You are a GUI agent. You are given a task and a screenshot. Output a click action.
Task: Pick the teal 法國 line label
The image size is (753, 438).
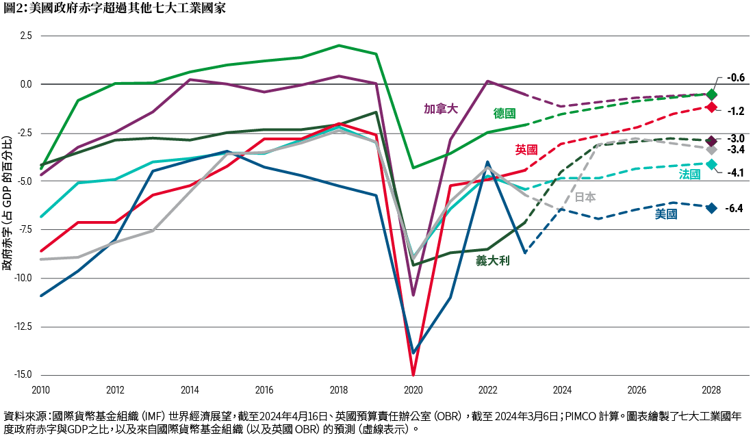click(x=689, y=175)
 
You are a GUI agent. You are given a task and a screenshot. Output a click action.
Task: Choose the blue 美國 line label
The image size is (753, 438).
click(x=666, y=214)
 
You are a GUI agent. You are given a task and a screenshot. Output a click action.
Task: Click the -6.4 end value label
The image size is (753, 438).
click(x=734, y=208)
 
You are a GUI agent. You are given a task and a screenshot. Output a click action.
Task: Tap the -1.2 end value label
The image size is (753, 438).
click(x=735, y=110)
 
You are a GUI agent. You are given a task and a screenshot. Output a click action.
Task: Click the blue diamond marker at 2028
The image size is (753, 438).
click(x=712, y=208)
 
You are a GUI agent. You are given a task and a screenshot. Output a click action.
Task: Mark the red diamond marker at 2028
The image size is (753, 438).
click(x=712, y=107)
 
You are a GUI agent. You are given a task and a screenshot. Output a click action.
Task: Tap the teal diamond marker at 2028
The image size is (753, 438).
click(x=712, y=164)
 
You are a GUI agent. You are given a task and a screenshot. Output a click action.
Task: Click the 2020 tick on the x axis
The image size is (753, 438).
click(x=413, y=389)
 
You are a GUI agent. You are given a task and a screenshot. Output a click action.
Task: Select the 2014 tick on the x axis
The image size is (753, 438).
click(x=190, y=389)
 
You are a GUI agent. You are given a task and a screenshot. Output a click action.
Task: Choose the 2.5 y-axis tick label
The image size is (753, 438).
click(x=25, y=36)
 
